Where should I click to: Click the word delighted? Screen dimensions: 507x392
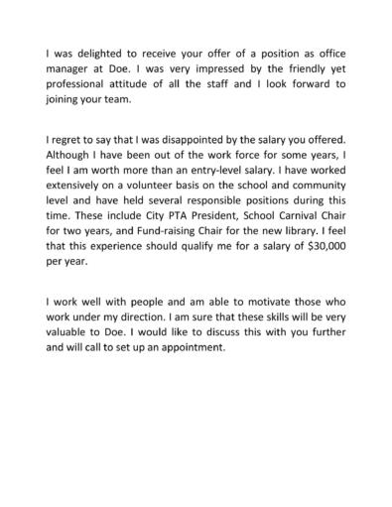tap(88, 51)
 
